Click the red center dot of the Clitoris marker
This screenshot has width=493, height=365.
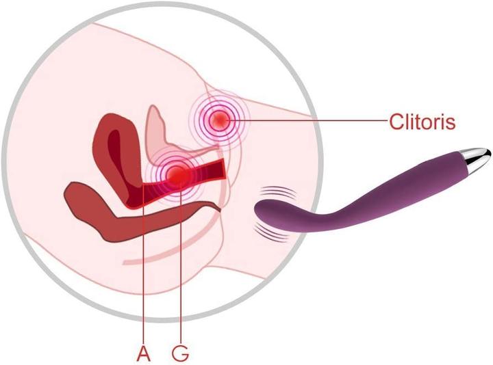pyautogui.click(x=220, y=121)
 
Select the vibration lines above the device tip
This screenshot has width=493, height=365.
pyautogui.click(x=275, y=192)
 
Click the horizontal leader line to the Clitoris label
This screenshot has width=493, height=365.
pyautogui.click(x=308, y=121)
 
